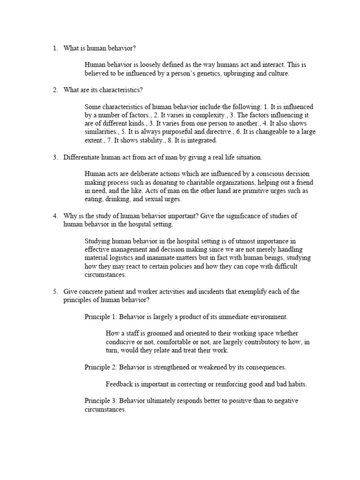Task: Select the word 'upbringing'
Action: click(247, 74)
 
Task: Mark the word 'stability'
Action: click(146, 141)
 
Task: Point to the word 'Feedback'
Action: click(120, 384)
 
